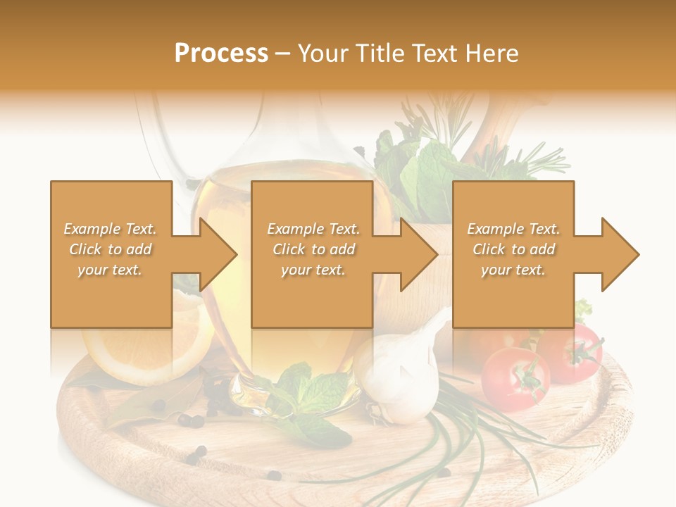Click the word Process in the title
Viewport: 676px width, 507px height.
tap(221, 54)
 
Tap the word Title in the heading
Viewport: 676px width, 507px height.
tap(377, 54)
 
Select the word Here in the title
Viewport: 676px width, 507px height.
tap(492, 54)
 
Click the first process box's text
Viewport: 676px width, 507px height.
tap(111, 249)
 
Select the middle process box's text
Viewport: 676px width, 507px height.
tap(313, 249)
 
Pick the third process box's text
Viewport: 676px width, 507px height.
tap(513, 249)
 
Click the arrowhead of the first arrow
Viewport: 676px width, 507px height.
tap(218, 254)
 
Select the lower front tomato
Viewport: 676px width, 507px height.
tap(515, 378)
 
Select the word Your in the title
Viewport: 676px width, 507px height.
tap(323, 54)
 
